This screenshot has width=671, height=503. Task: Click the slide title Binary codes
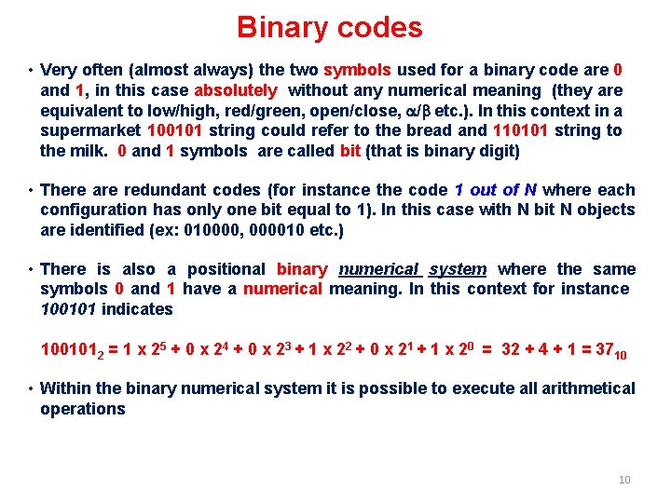tap(329, 27)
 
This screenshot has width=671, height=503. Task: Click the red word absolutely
tap(235, 90)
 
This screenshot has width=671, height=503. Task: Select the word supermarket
tap(89, 130)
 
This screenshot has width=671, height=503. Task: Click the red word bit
tap(350, 151)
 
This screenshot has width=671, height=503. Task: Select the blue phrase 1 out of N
tap(495, 190)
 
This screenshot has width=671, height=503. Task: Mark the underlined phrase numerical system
tap(412, 269)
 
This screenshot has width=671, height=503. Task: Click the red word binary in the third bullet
tap(302, 269)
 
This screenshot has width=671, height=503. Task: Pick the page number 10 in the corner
tap(624, 480)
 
